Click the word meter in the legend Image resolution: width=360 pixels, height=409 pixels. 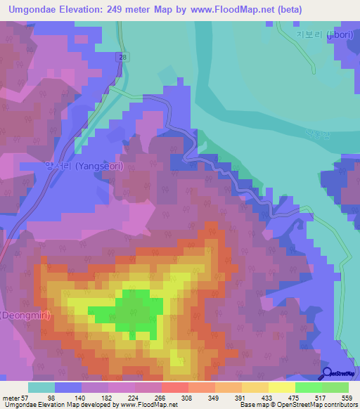point(11,398)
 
